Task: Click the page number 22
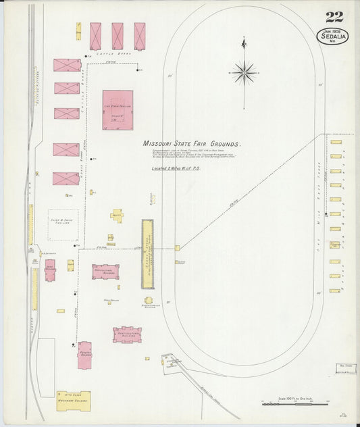[x=333, y=17]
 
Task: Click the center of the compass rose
[x=244, y=70]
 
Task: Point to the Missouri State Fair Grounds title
[x=192, y=144]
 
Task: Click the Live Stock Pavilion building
[x=118, y=109]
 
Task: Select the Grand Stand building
[x=147, y=253]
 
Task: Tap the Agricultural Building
[x=105, y=272]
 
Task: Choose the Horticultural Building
[x=127, y=334]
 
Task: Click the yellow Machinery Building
[x=74, y=401]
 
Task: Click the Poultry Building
[x=84, y=355]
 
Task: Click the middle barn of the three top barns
[x=118, y=36]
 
